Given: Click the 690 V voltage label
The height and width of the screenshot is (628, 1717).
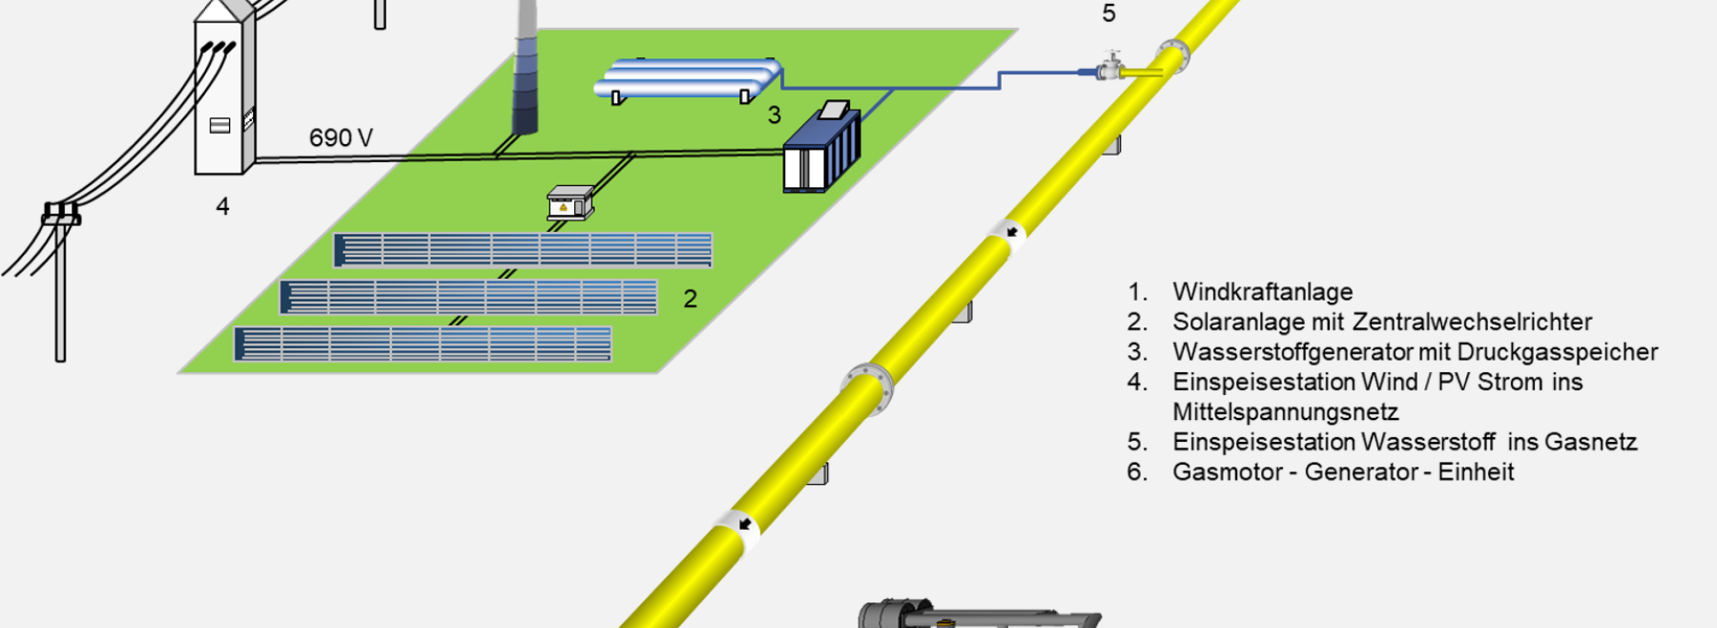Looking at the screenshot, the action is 341,138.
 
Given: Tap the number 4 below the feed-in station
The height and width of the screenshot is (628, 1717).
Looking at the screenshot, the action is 222,206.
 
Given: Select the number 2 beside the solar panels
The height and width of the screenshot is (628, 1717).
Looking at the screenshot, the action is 691,299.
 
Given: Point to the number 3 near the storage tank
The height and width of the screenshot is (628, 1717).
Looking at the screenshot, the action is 775,115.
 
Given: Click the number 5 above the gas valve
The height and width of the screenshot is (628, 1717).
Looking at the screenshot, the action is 1108,13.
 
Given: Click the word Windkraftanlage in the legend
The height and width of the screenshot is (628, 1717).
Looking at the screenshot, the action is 1262,292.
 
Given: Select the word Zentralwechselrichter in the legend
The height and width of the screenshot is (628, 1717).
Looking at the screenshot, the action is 1473,322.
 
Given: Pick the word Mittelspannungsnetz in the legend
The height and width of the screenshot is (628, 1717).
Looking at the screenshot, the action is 1286,412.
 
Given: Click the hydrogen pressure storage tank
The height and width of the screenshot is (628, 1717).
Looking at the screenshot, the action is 688,80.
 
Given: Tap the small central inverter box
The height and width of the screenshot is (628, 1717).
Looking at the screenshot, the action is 569,202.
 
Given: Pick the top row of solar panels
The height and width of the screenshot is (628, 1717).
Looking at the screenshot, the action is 523,250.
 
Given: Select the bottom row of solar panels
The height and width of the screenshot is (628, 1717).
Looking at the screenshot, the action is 423,345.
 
